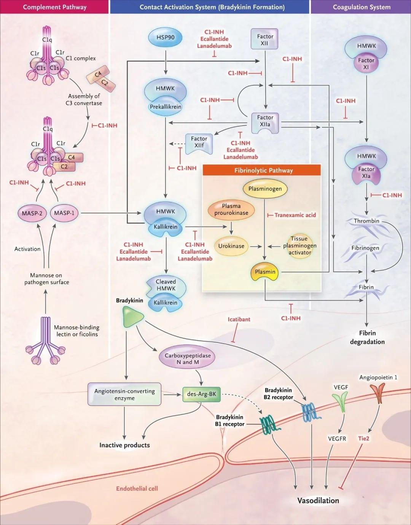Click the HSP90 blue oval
pyautogui.click(x=165, y=37)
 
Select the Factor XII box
pyautogui.click(x=264, y=40)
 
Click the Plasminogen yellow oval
pyautogui.click(x=265, y=189)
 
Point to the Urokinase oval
pyautogui.click(x=231, y=246)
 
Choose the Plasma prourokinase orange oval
pyautogui.click(x=231, y=210)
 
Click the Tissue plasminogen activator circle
pyautogui.click(x=299, y=246)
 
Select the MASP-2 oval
pyautogui.click(x=32, y=213)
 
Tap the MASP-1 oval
pyautogui.click(x=64, y=213)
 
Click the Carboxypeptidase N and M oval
pyautogui.click(x=187, y=359)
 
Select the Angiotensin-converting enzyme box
pyautogui.click(x=124, y=395)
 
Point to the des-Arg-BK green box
pyautogui.click(x=201, y=394)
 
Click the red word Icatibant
pyautogui.click(x=239, y=320)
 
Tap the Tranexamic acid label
pyautogui.click(x=295, y=215)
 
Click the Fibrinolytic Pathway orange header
pyautogui.click(x=263, y=170)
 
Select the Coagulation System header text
pyautogui.click(x=362, y=7)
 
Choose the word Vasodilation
pyautogui.click(x=318, y=501)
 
